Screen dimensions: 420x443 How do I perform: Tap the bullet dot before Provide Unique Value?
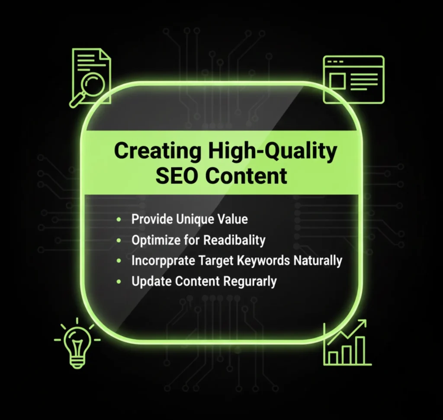(119, 219)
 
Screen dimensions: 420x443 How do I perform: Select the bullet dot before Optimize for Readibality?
(119, 240)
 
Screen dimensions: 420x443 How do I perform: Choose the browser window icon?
(353, 79)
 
